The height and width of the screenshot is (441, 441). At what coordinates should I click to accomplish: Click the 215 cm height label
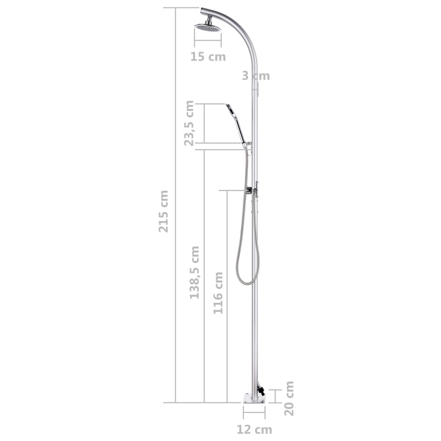[x=164, y=211]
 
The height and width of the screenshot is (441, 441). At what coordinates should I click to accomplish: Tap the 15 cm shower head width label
[x=208, y=56]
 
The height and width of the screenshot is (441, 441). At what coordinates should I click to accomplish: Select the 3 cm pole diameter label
[x=255, y=76]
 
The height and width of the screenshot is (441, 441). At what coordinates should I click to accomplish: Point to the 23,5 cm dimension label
[x=189, y=123]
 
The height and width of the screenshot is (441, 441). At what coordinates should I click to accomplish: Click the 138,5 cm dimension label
[x=195, y=273]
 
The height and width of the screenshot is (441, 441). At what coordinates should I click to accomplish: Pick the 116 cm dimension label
[x=218, y=293]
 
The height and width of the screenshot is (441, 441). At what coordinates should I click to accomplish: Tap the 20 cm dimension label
[x=289, y=398]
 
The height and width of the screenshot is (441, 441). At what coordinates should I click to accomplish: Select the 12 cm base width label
[x=254, y=429]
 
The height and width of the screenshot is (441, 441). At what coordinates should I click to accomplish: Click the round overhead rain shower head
[x=208, y=28]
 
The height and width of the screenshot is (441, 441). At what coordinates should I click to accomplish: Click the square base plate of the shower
[x=254, y=399]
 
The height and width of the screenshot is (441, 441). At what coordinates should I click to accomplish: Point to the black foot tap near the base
[x=261, y=391]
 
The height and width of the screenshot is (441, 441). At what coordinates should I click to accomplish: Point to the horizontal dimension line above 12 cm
[x=254, y=412]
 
